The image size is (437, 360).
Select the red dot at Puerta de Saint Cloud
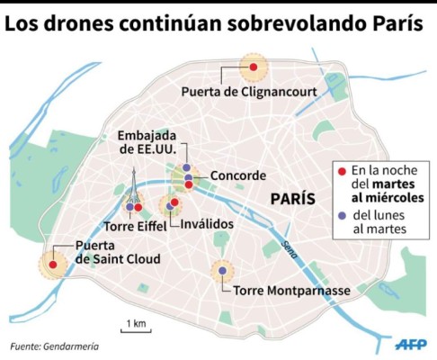[x=52, y=264]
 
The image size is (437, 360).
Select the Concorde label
[x=237, y=175]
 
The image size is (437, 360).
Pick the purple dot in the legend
[x=342, y=214]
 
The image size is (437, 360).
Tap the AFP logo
[x=410, y=344]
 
